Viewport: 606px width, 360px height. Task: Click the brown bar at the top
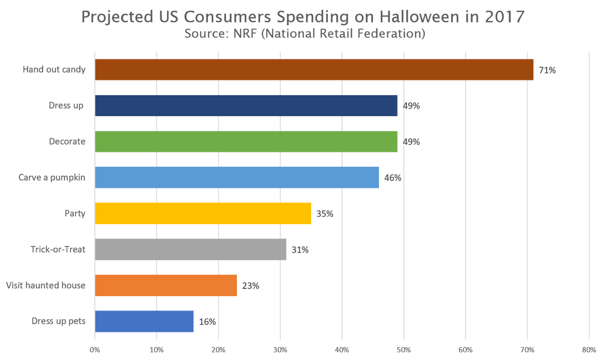(x=314, y=69)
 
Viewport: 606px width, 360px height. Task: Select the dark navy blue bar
(x=246, y=112)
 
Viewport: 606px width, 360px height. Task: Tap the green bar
(x=246, y=141)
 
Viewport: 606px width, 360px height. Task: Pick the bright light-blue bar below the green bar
(x=237, y=177)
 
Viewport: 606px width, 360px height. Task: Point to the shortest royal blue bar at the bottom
(x=144, y=320)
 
